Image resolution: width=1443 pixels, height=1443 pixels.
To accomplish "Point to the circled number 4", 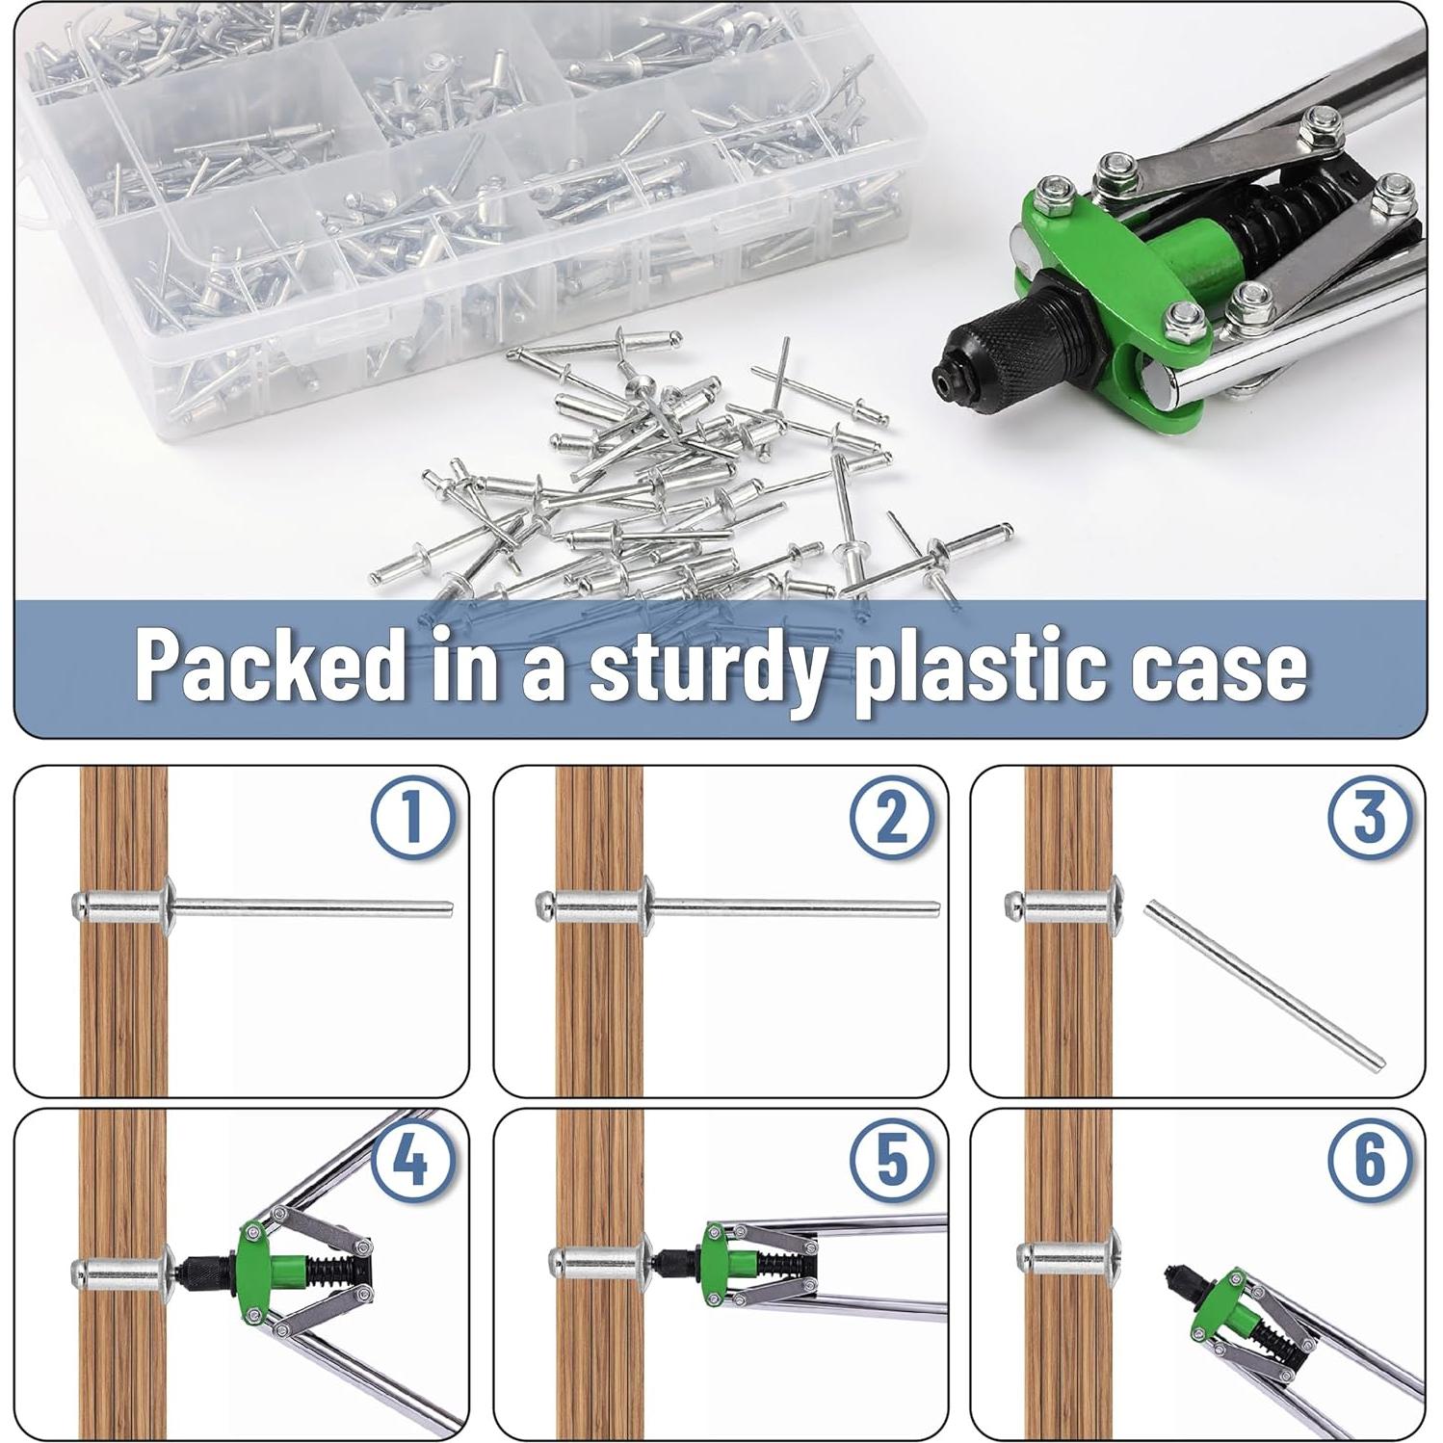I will click(x=412, y=1159).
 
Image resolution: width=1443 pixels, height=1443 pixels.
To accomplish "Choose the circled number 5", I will click(x=891, y=1159).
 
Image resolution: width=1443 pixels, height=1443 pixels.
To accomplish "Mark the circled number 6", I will click(x=1369, y=1159).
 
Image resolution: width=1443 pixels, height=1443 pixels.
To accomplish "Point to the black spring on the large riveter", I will click(x=1281, y=217).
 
